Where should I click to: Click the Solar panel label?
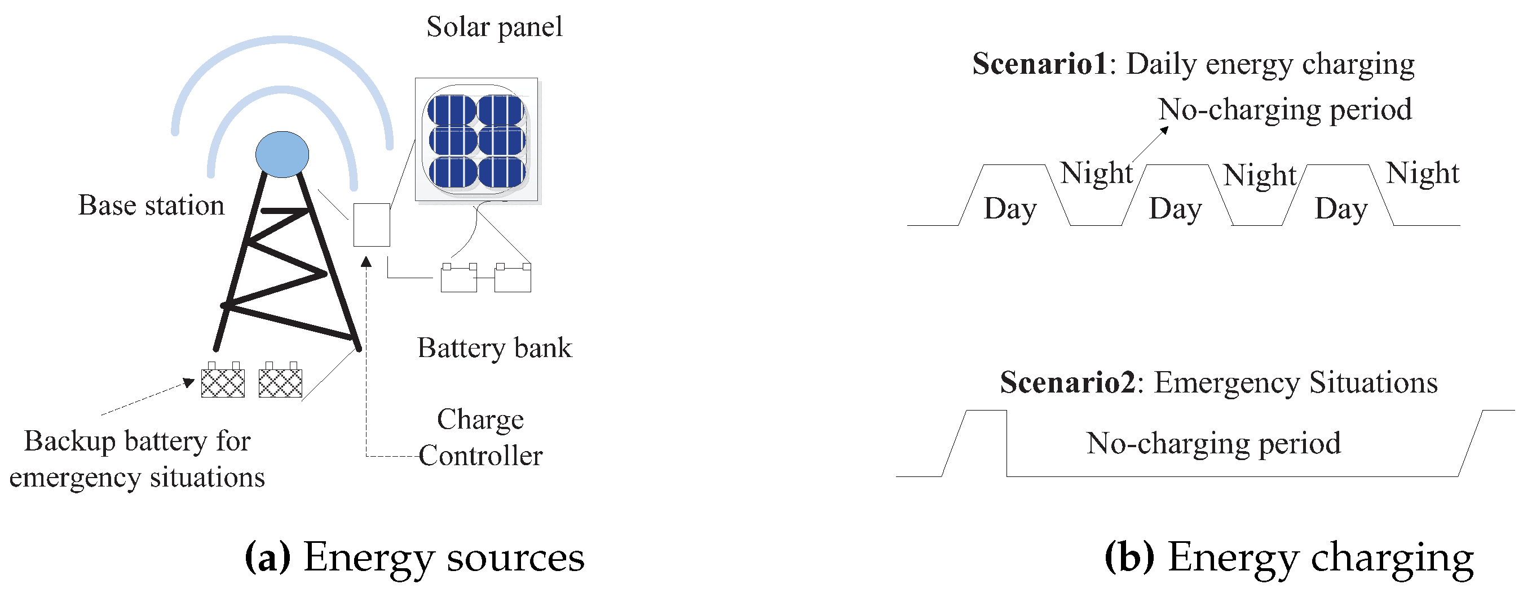495,27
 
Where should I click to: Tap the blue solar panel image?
476,140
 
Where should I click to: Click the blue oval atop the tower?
282,154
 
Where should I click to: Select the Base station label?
151,206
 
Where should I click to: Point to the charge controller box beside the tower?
371,225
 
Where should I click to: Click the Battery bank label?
495,348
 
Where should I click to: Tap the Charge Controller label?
480,438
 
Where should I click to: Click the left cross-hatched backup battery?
223,382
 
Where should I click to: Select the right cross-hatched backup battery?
280,382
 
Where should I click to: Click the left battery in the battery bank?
459,278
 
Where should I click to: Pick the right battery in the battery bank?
513,278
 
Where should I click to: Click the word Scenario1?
1039,64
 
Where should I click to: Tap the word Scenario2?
1067,383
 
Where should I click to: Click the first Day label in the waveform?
1010,209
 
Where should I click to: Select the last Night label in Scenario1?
1423,173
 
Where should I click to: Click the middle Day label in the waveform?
1175,209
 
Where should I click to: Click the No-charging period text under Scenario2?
1213,444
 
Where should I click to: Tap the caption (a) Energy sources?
414,557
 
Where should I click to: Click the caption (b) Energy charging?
1289,557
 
